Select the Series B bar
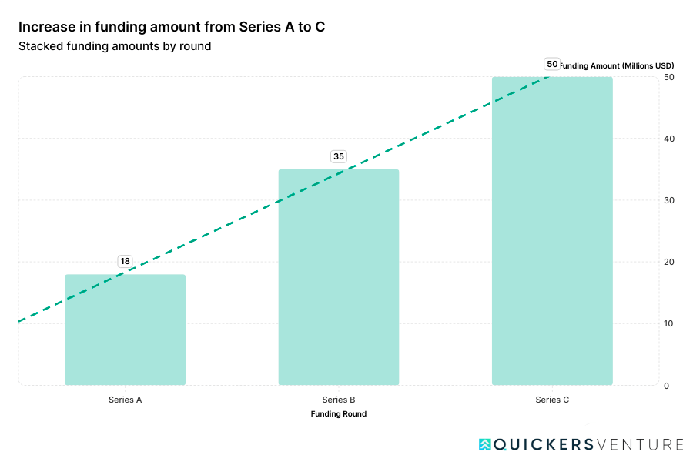pos(338,277)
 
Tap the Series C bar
pos(552,231)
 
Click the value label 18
pos(125,261)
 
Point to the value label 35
pos(338,156)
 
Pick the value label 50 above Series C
pos(551,64)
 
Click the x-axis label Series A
pos(125,400)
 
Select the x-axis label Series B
pos(338,400)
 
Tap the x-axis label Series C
pos(552,400)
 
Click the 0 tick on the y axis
pos(666,385)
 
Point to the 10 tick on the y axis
pos(668,323)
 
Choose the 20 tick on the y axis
pos(668,262)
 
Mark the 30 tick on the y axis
pos(668,200)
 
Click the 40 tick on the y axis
pos(668,139)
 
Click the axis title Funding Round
pos(338,414)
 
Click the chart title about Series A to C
pos(172,27)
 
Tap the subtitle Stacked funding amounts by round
pos(115,46)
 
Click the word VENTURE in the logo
pos(640,444)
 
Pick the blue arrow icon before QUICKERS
pos(484,444)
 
